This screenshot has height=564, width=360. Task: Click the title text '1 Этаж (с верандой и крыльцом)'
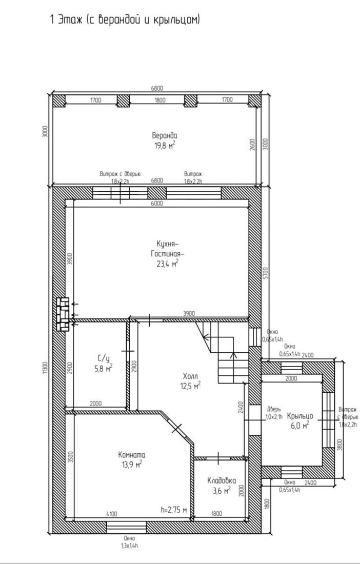click(x=125, y=19)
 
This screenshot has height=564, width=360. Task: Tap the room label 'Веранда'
click(x=165, y=135)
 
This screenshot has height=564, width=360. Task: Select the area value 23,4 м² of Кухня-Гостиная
click(x=165, y=265)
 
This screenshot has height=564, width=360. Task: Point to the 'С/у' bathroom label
click(x=103, y=358)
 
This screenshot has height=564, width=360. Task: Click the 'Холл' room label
click(x=190, y=377)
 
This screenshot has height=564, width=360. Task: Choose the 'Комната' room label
click(x=132, y=455)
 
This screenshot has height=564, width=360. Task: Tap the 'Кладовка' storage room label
click(x=222, y=480)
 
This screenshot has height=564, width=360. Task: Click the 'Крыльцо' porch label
click(x=300, y=416)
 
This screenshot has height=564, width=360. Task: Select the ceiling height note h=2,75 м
click(x=174, y=510)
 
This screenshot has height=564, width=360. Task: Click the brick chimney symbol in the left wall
click(x=63, y=314)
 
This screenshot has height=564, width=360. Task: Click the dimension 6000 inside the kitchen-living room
click(x=157, y=203)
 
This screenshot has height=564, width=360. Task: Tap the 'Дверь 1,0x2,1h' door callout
click(x=275, y=413)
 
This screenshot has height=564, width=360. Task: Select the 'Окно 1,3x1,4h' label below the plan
click(x=129, y=542)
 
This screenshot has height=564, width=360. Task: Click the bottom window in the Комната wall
click(x=127, y=528)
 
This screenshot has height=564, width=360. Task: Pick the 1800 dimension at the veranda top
click(x=160, y=100)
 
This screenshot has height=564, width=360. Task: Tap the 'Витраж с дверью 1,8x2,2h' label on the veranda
click(x=120, y=177)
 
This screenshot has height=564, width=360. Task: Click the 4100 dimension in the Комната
click(x=111, y=514)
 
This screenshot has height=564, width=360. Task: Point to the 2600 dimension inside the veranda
click(x=252, y=145)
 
